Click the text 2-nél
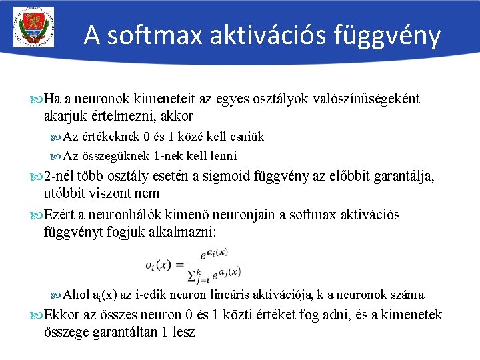(x=60, y=177)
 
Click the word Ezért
(x=59, y=215)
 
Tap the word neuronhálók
(x=122, y=215)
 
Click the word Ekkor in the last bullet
(x=61, y=315)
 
